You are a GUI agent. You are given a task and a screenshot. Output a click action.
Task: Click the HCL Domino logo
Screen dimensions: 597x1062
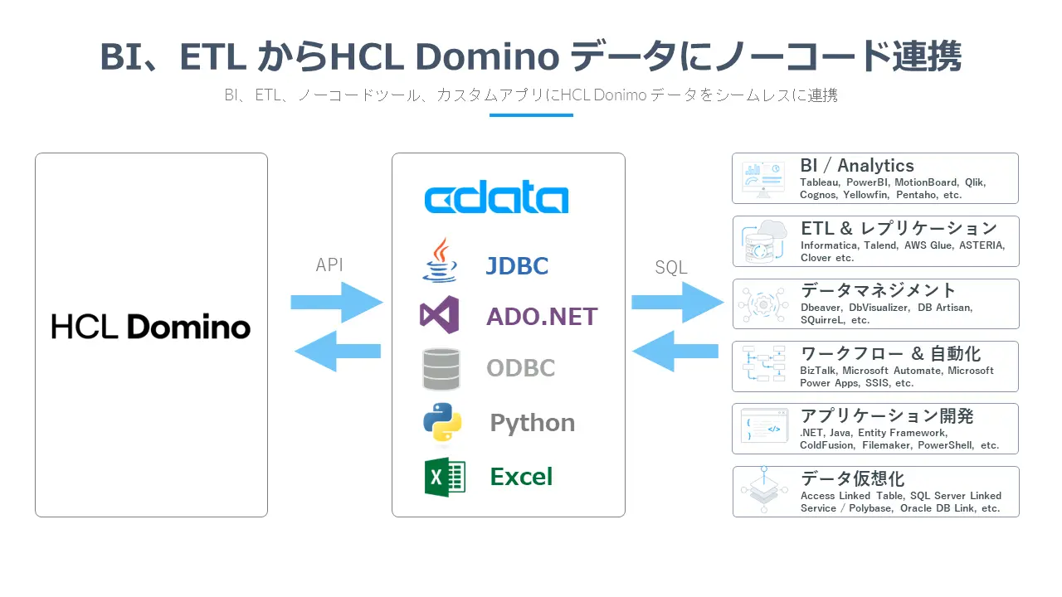(150, 326)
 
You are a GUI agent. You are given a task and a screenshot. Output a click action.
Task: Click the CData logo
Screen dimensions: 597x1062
(496, 199)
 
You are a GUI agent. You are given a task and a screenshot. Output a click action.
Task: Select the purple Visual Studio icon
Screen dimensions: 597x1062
(440, 315)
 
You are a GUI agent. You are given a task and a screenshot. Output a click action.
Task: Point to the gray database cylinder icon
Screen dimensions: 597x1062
(441, 369)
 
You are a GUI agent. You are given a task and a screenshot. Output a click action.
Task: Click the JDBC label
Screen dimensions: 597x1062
(517, 266)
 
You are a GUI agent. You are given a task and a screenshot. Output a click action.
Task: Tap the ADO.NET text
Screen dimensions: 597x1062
(542, 316)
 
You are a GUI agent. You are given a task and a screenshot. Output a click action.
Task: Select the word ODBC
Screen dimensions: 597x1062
(520, 368)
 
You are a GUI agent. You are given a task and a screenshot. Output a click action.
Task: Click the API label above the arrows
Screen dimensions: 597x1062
(329, 265)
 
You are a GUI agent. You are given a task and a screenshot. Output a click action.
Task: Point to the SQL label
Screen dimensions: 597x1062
(670, 267)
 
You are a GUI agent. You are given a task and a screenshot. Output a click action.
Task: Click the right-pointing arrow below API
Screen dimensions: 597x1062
(337, 303)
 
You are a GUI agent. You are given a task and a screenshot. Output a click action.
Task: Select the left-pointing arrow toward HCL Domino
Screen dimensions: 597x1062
(338, 351)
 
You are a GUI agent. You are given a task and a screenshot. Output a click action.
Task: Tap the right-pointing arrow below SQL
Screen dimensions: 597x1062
(677, 303)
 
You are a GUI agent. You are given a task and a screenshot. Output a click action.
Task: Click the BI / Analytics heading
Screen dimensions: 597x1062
(856, 166)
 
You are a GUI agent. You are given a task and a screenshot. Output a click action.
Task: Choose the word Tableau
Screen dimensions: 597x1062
(819, 182)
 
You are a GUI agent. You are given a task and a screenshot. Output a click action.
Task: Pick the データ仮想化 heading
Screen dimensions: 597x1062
(852, 478)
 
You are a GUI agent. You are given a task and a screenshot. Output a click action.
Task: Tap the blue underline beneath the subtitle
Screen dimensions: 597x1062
(531, 115)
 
